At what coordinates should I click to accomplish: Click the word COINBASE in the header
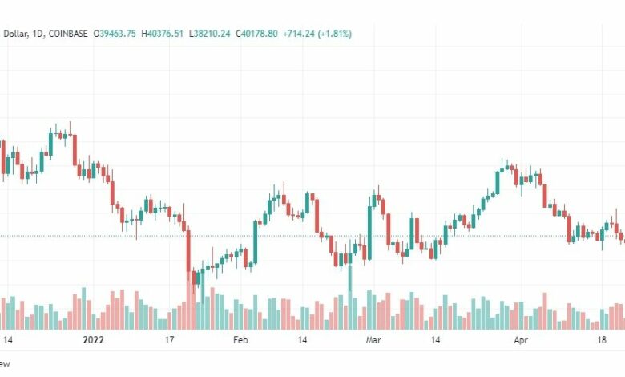pyautogui.click(x=69, y=34)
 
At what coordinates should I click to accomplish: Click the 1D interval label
pyautogui.click(x=36, y=34)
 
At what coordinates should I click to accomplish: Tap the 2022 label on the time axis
pyautogui.click(x=95, y=340)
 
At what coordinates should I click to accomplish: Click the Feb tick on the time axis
pyautogui.click(x=241, y=340)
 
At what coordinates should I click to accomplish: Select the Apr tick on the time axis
pyautogui.click(x=520, y=340)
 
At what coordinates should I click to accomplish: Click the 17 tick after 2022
pyautogui.click(x=170, y=340)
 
